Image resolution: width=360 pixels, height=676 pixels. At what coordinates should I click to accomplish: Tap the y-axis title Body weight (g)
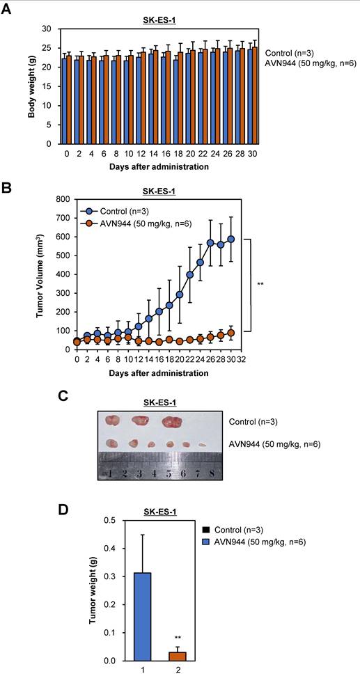tap(33, 86)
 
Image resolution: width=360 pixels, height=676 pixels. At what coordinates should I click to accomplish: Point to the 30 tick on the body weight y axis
tap(48, 29)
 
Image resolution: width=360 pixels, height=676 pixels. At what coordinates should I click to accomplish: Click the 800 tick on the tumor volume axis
tap(62, 198)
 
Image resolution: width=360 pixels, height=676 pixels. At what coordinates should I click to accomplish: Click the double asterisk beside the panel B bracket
tap(259, 284)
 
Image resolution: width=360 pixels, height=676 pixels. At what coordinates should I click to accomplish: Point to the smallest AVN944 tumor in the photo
tap(201, 443)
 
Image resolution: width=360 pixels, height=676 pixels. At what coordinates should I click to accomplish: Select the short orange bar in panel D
tap(179, 657)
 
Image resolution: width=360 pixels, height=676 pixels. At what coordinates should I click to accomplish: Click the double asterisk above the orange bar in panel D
tap(179, 637)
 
